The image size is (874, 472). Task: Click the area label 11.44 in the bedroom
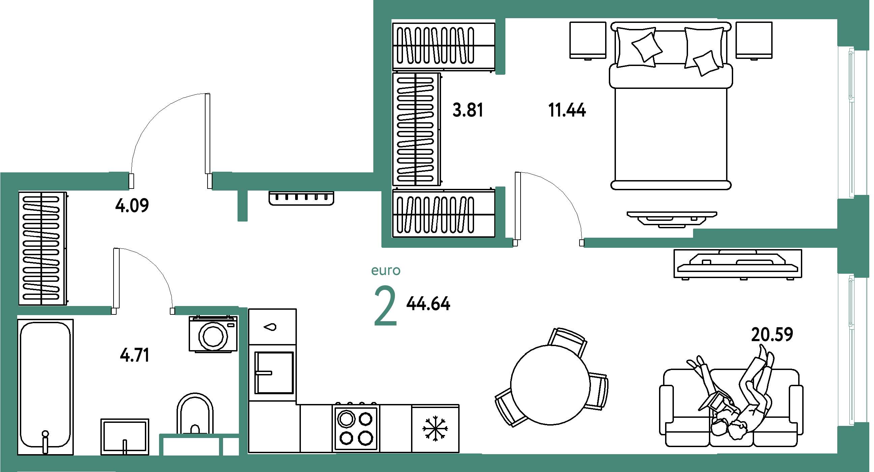click(567, 110)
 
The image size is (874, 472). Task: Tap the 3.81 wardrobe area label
click(468, 110)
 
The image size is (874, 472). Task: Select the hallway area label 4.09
click(132, 205)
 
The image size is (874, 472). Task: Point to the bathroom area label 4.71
click(135, 356)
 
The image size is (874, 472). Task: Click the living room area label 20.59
click(772, 334)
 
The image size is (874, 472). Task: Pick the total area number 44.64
click(429, 303)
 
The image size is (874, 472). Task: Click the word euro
click(386, 271)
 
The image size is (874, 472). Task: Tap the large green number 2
click(385, 305)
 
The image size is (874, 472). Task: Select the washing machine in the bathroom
click(213, 334)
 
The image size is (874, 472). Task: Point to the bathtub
click(45, 386)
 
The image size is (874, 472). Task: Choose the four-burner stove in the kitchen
click(356, 428)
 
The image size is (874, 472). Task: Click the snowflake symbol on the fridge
click(435, 429)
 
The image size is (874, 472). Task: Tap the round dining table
click(550, 385)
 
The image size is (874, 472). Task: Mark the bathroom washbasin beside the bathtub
click(125, 437)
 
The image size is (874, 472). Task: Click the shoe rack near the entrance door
click(301, 198)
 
